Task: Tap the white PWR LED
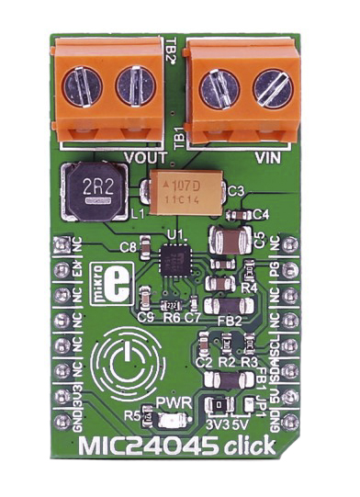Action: [x=165, y=419]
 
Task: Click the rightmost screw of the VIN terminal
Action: [x=272, y=90]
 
